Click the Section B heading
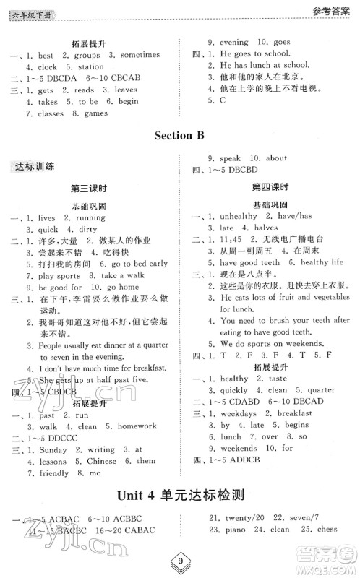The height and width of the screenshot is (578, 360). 180,135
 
